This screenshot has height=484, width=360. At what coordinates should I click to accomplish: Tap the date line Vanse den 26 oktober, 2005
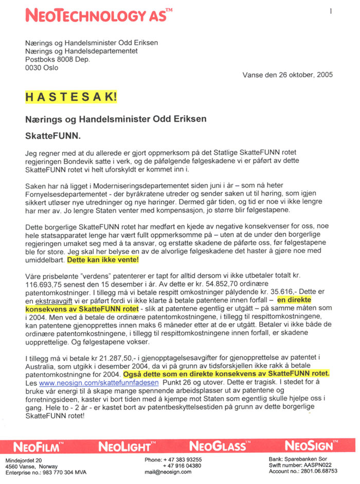[x=287, y=75]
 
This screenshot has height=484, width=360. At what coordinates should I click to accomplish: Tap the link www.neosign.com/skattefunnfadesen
[x=95, y=383]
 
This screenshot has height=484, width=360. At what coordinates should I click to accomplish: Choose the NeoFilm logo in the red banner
[x=39, y=446]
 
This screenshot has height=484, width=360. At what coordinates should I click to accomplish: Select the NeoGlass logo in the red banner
[x=218, y=446]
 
